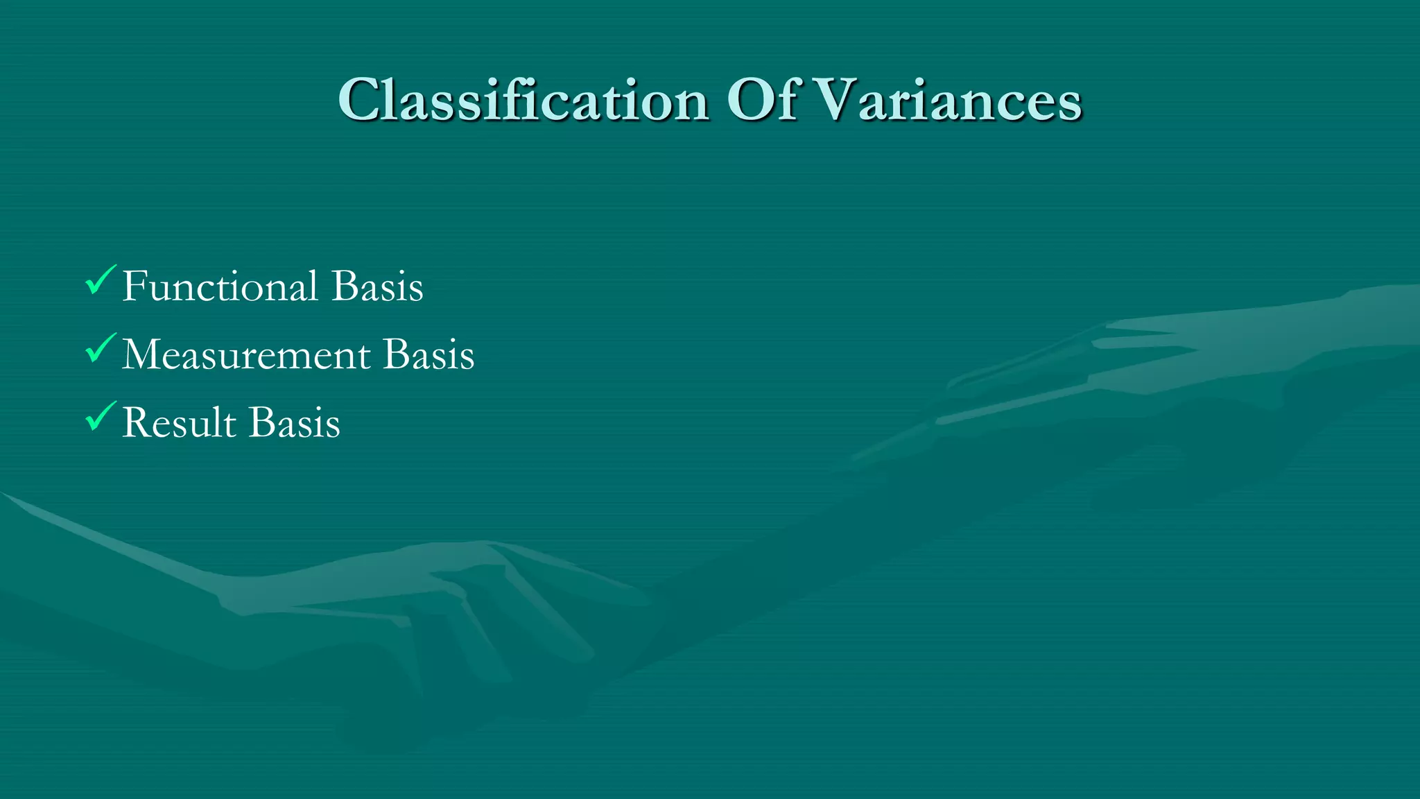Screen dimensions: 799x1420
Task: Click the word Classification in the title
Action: point(523,101)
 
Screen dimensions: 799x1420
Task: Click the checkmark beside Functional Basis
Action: point(99,280)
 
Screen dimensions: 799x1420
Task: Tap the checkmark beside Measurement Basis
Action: point(99,348)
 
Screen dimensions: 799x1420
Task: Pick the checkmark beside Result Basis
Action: point(99,416)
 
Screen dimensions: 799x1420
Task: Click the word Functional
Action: point(220,286)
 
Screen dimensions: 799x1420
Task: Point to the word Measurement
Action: point(246,354)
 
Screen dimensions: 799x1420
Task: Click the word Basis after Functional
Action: point(377,286)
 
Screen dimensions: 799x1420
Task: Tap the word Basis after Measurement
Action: point(428,354)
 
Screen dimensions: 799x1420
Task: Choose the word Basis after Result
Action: point(294,422)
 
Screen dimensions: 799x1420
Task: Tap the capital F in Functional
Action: point(134,286)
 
